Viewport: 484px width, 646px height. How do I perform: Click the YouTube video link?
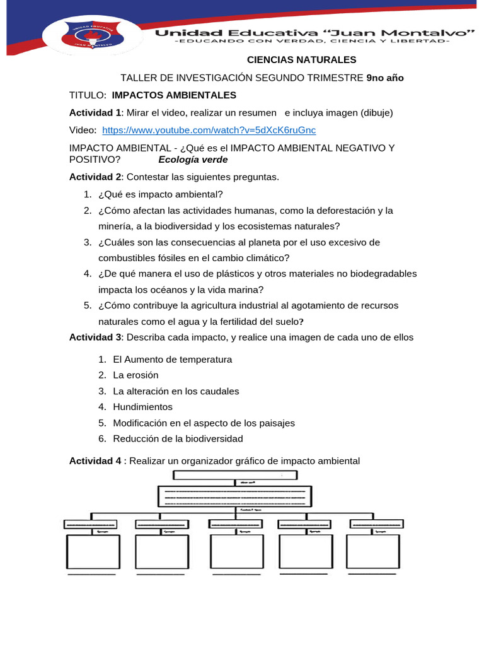pyautogui.click(x=209, y=130)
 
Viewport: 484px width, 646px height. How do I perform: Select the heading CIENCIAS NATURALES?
pyautogui.click(x=301, y=60)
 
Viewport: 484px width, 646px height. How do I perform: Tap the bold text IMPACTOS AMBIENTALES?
pyautogui.click(x=174, y=95)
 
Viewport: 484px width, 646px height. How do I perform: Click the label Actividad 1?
pyautogui.click(x=96, y=113)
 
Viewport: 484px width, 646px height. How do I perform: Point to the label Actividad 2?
pyautogui.click(x=96, y=177)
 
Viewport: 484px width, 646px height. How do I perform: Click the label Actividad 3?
pyautogui.click(x=96, y=337)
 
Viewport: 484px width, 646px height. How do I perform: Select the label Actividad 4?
pyautogui.click(x=96, y=461)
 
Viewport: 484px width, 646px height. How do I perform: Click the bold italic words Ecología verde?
pyautogui.click(x=193, y=160)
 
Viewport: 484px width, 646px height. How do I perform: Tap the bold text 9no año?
pyautogui.click(x=384, y=78)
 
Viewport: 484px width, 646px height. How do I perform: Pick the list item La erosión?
pyautogui.click(x=135, y=375)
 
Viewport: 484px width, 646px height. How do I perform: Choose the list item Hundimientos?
pyautogui.click(x=142, y=407)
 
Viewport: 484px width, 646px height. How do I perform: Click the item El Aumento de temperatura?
pyautogui.click(x=172, y=359)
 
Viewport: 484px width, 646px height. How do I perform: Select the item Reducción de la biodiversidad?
pyautogui.click(x=178, y=438)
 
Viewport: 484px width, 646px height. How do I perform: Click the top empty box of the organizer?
pyautogui.click(x=234, y=475)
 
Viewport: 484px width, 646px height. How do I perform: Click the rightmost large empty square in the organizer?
pyautogui.click(x=372, y=552)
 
